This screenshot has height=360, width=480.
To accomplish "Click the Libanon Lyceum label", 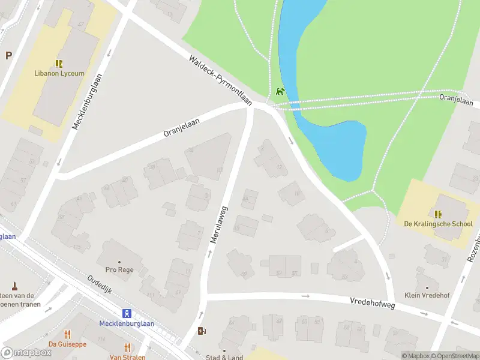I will point(59,73).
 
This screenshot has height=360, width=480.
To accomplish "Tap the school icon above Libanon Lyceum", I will point(59,63).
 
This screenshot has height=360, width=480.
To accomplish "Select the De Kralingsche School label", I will point(438,224).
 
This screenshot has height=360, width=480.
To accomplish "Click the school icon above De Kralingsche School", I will point(438,214).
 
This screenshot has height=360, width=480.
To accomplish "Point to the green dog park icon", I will point(280,92).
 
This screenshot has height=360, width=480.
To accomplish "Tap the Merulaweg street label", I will point(220,224).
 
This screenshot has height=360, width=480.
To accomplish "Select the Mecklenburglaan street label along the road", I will point(86,101).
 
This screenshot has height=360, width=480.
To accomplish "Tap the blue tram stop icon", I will point(127,313).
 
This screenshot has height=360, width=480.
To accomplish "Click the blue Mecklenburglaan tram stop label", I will point(127,323).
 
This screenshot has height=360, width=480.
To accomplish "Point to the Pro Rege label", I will point(119,270).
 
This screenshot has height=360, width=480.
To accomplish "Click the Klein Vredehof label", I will point(427,295).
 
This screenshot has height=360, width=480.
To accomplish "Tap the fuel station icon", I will point(202,331).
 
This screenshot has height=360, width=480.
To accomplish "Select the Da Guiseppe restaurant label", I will point(67,344).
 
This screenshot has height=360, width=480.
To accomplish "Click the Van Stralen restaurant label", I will point(127,357).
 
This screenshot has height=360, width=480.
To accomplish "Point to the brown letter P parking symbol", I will point(8,56).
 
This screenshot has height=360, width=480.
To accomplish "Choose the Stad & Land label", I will point(224,358).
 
